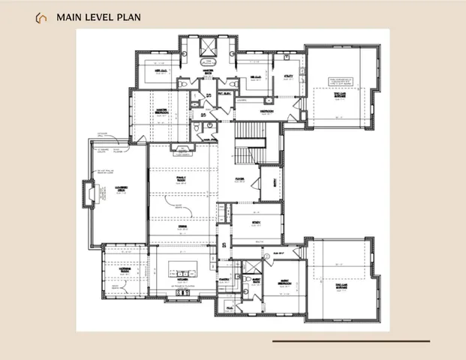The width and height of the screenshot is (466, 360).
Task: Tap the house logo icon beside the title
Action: pos(42,16)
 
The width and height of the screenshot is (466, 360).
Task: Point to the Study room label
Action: pos(256,222)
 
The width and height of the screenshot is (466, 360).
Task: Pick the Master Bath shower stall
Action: pos(206,46)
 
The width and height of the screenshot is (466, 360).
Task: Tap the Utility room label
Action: pos(289,76)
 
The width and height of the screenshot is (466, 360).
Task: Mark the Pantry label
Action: pos(224,279)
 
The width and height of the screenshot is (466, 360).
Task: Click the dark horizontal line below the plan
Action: pos(350,341)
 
